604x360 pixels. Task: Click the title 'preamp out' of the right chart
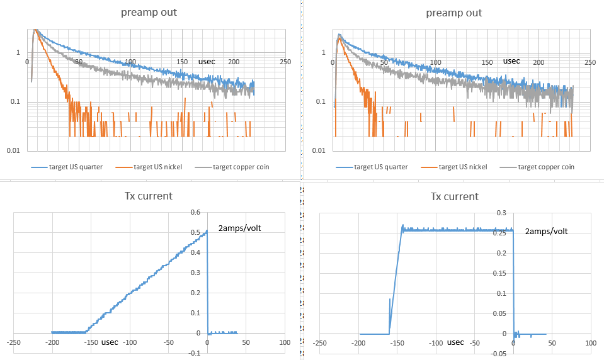click(x=454, y=13)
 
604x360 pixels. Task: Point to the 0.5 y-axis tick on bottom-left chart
click(x=196, y=232)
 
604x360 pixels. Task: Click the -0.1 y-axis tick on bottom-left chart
click(x=194, y=353)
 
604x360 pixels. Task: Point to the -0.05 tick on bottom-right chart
click(x=498, y=353)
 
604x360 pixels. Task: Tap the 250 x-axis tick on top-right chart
click(x=590, y=62)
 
